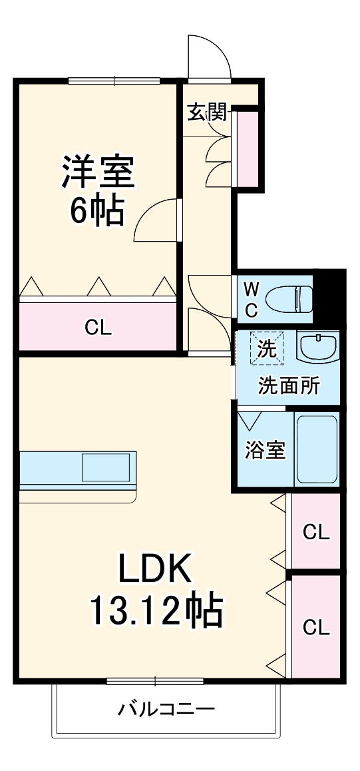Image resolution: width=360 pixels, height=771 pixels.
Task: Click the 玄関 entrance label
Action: pos(207,113)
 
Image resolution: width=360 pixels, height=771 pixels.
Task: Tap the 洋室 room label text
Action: pos(99,172)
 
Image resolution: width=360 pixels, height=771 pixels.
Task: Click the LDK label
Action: pos(156,570)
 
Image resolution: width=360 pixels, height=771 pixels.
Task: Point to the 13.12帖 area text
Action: pos(156,609)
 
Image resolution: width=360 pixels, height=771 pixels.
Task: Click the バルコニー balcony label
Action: pos(166,708)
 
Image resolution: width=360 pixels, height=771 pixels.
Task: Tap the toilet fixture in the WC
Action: pos(291,300)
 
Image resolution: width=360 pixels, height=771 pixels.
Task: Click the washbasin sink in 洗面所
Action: pos(318,348)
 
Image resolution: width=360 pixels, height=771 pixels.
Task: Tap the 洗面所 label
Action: pos(288,386)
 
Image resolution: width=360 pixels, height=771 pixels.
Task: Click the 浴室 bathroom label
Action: pos(266,450)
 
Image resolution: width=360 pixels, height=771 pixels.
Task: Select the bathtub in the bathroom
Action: pos(317,450)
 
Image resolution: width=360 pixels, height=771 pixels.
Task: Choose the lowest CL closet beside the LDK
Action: pos(316,627)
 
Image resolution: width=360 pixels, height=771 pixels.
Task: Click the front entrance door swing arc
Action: pos(209,57)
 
